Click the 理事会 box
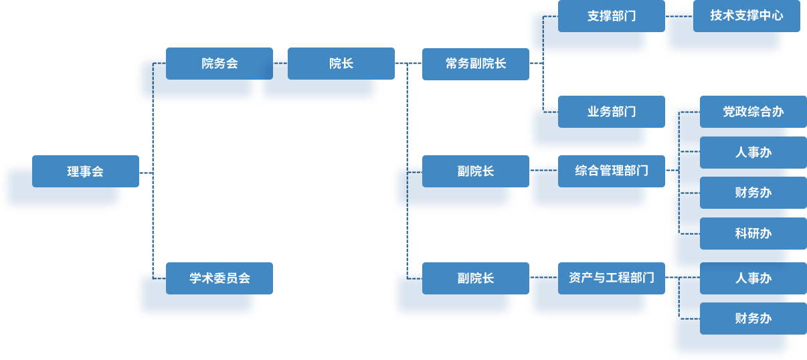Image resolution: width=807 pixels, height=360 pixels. click(x=86, y=171)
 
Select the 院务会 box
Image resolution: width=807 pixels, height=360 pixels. click(x=219, y=64)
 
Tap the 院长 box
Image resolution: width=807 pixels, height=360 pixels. click(x=341, y=64)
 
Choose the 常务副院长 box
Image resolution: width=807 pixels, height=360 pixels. click(x=476, y=64)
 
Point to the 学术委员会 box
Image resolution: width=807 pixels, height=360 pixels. click(x=219, y=278)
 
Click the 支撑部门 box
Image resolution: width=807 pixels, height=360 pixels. click(x=612, y=16)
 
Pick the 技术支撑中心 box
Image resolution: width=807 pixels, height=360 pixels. click(x=747, y=16)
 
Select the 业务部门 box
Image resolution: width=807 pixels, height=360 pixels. click(x=612, y=112)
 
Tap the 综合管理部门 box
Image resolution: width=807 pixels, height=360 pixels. click(x=612, y=171)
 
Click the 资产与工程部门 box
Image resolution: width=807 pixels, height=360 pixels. click(x=612, y=278)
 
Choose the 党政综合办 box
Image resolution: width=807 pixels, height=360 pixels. click(x=753, y=112)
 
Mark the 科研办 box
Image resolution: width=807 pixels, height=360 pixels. click(x=753, y=234)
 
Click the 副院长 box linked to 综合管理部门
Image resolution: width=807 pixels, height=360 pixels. click(x=476, y=171)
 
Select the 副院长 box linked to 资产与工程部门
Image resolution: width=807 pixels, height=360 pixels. click(x=476, y=278)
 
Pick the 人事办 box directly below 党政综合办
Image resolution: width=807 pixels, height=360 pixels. click(x=753, y=153)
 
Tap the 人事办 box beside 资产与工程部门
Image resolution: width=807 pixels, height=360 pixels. click(x=753, y=278)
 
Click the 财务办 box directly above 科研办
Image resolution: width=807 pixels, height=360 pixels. click(x=753, y=193)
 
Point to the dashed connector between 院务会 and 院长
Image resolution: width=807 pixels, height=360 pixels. click(x=280, y=64)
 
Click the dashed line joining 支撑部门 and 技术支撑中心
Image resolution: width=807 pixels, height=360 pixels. click(x=679, y=16)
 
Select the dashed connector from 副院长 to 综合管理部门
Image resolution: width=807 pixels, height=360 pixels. click(x=543, y=171)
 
